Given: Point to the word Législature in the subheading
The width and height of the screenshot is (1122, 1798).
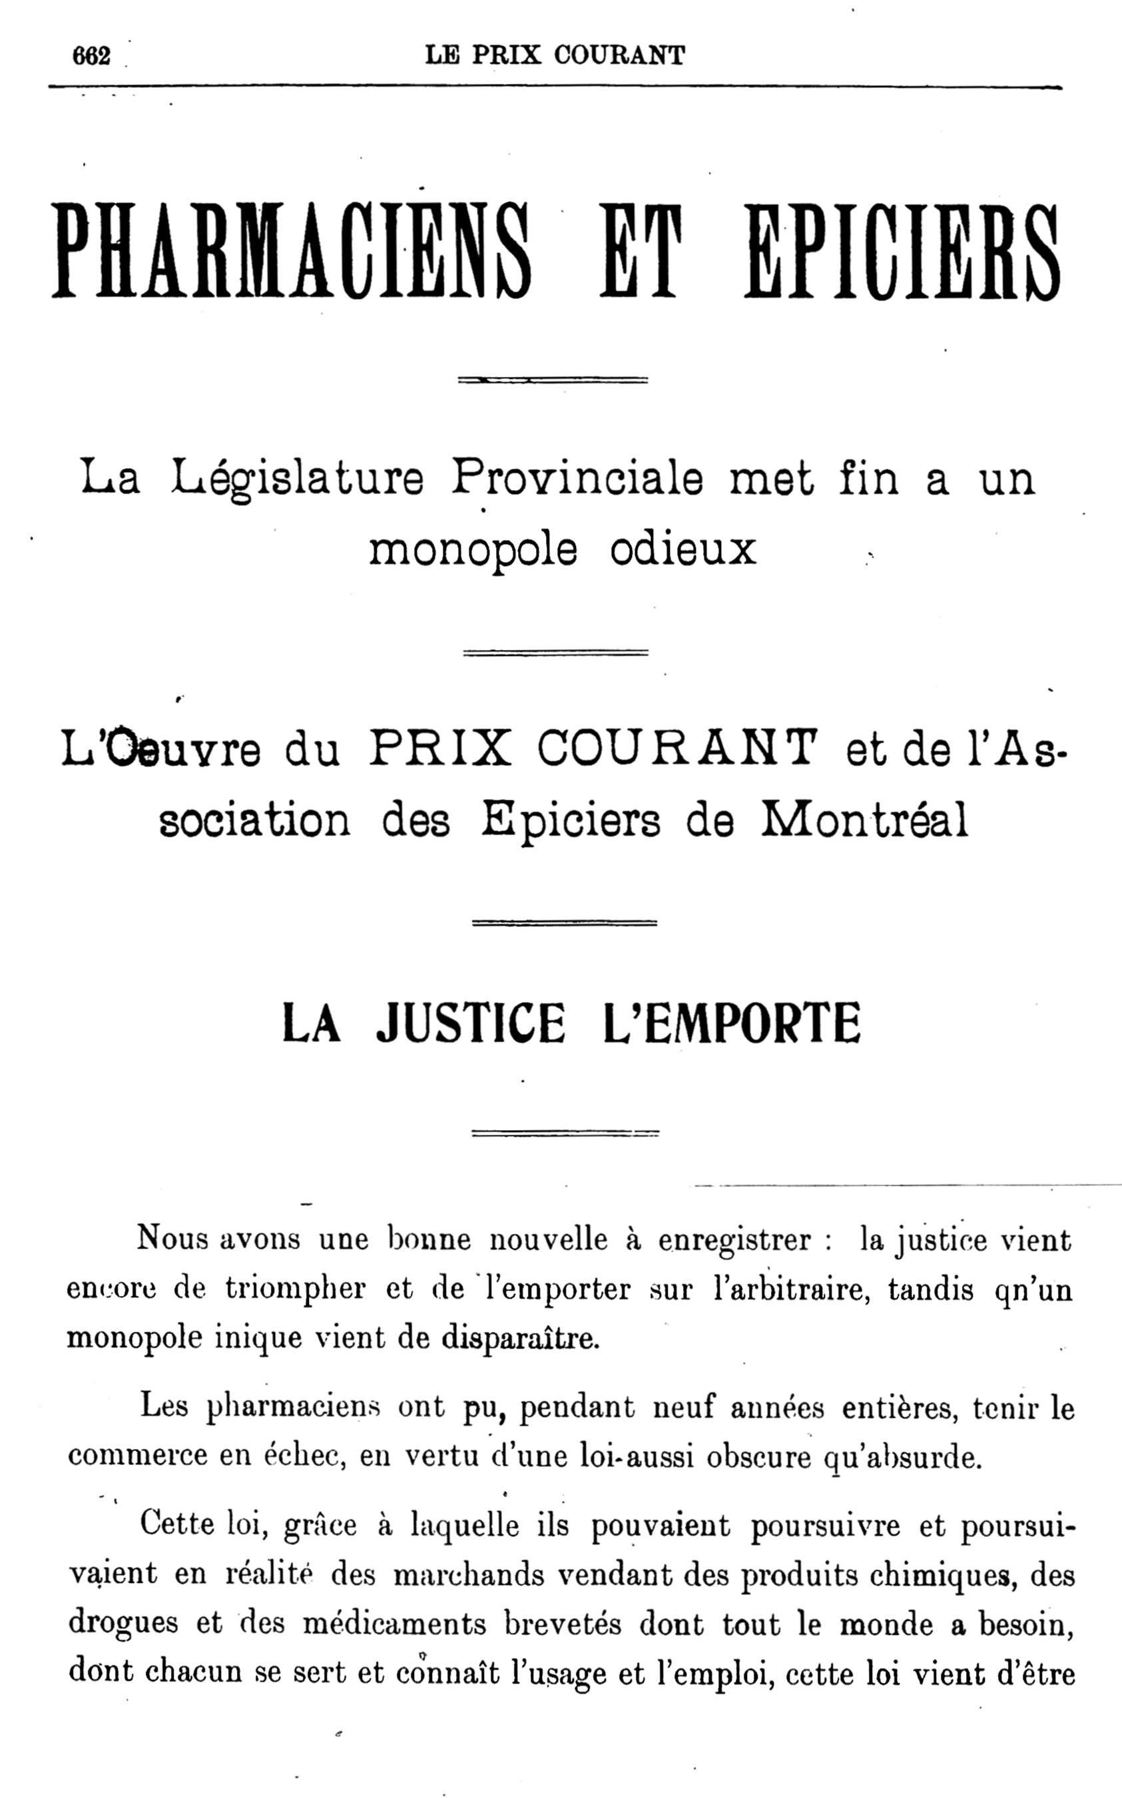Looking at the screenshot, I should coord(297,479).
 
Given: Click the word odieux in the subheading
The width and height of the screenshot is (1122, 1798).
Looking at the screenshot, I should coord(683,549).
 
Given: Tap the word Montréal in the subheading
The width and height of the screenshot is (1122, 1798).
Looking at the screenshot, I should coord(864,820).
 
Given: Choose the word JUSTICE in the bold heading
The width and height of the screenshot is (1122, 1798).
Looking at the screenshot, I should coord(471,1024).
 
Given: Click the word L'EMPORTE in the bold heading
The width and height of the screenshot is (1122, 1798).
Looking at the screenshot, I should coord(732,1024).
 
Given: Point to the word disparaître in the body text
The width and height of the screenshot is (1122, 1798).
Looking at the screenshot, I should coord(520,1337).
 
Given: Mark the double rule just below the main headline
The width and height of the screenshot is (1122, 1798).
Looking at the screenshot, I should coord(553,380).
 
